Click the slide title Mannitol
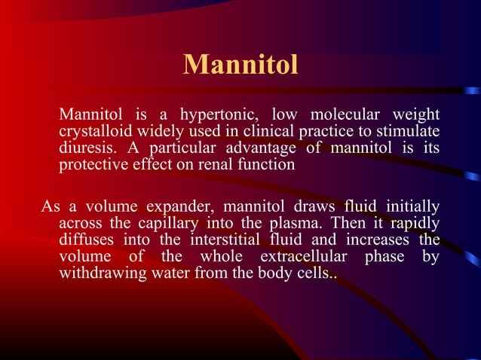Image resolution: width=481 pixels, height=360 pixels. [240, 65]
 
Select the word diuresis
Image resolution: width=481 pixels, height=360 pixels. [84, 148]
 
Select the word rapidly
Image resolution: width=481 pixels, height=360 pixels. [414, 223]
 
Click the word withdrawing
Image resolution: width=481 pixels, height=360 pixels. [98, 272]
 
